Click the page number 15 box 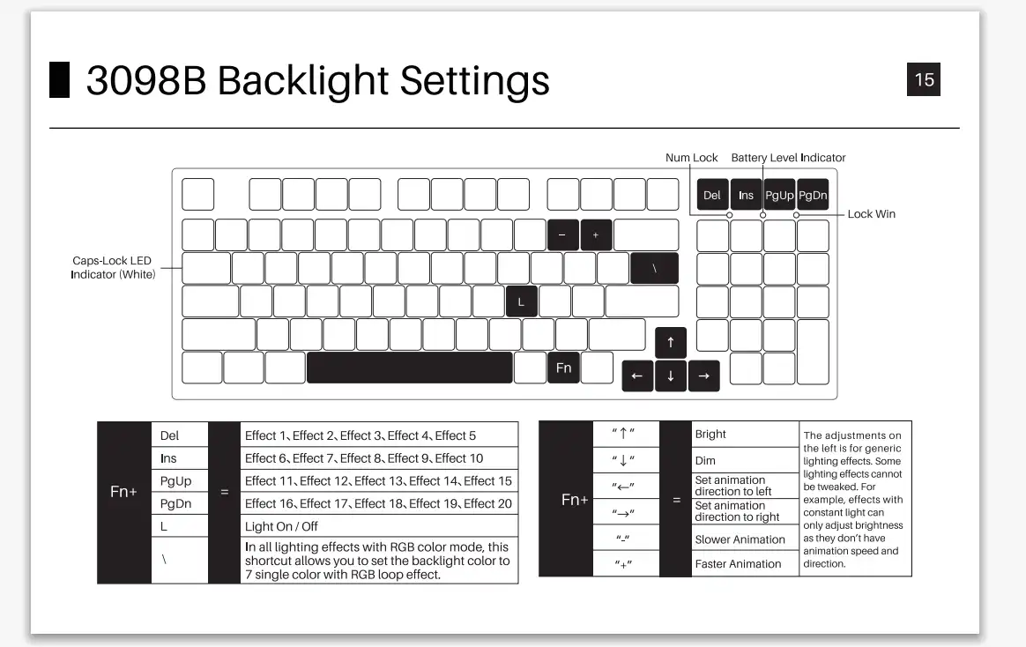[923, 79]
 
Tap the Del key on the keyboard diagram [712, 195]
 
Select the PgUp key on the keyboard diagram [779, 195]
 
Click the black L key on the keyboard [522, 301]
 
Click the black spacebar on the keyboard [410, 368]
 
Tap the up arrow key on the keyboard [671, 342]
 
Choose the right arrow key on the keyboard [704, 376]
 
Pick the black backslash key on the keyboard [654, 268]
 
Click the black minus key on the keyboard [562, 234]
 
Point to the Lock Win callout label [871, 214]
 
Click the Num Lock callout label [692, 158]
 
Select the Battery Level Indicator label [789, 158]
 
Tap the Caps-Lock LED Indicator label [113, 268]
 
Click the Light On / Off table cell [380, 526]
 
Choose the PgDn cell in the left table [180, 503]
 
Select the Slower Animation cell [746, 539]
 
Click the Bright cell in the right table [746, 435]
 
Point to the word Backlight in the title [302, 80]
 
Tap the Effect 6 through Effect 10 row [380, 458]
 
